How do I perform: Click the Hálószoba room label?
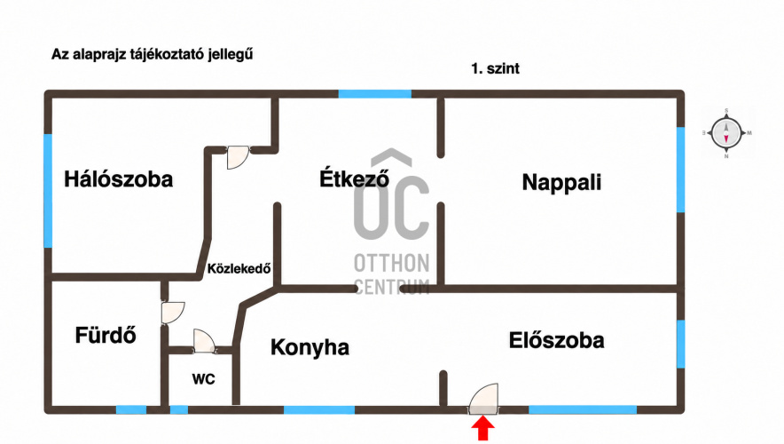point(119,179)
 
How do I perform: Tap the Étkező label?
point(354,178)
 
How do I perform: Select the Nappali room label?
point(561,183)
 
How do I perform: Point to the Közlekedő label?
point(239,269)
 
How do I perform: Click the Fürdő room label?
point(106,335)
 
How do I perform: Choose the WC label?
point(203,379)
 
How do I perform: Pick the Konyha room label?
point(310,347)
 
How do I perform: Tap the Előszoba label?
point(556,340)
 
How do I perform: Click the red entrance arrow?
point(483,430)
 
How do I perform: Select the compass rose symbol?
point(726,133)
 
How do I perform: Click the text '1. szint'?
point(495,68)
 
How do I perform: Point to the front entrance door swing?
point(484,399)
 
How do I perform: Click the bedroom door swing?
point(238,157)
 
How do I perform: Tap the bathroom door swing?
point(173,313)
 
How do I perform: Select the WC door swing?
point(205,341)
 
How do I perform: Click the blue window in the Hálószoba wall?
point(48,191)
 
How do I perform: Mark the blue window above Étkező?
point(375,93)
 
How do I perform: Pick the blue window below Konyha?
point(319,410)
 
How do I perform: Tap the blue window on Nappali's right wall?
point(680,170)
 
